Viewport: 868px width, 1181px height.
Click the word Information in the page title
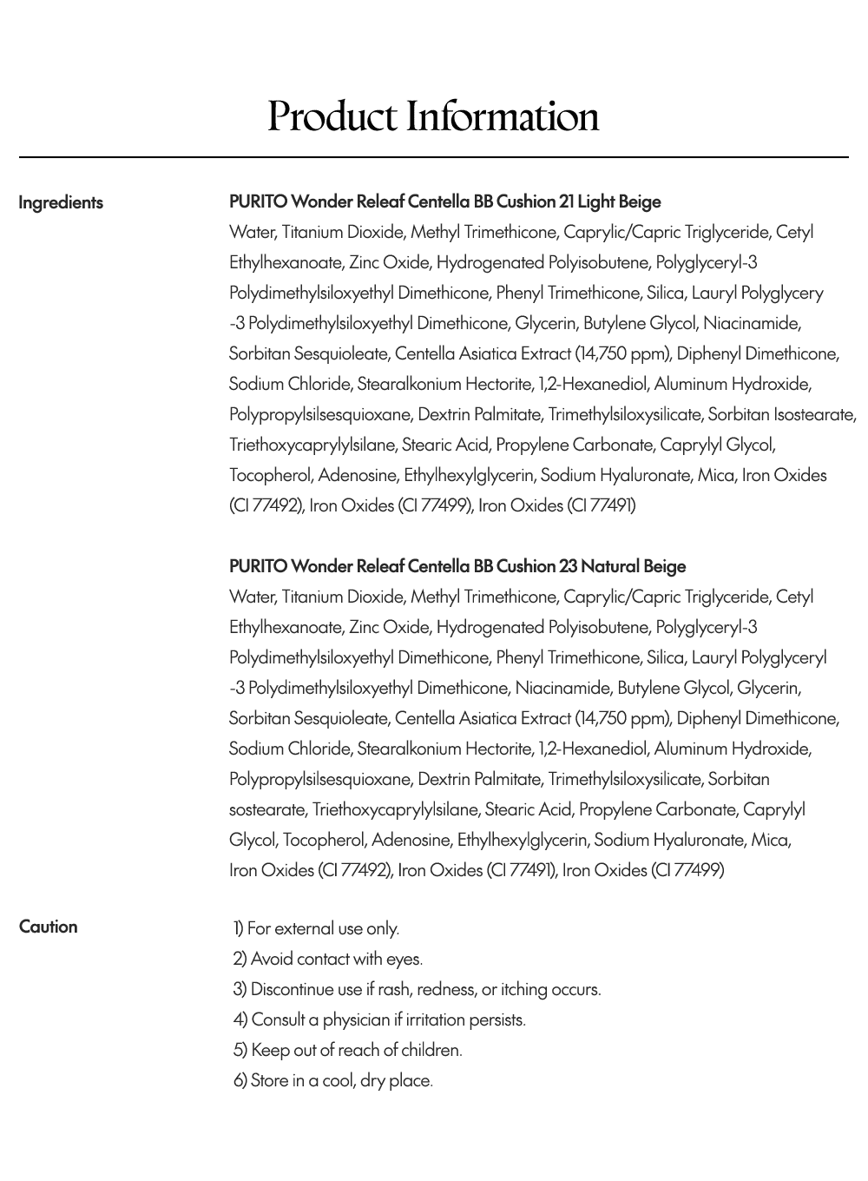point(503,116)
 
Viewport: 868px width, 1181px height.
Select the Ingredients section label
point(61,202)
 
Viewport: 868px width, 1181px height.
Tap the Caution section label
point(49,927)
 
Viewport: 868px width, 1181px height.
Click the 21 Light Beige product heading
point(444,201)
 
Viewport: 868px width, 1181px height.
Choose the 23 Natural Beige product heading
point(457,566)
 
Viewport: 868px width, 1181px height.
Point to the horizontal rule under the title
point(434,157)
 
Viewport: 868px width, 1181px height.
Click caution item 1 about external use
point(317,928)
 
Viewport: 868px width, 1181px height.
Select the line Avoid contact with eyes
point(328,959)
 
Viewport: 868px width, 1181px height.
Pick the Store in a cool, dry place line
point(333,1080)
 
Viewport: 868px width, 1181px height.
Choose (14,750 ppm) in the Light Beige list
point(622,353)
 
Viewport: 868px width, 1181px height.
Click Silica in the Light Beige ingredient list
point(664,293)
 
